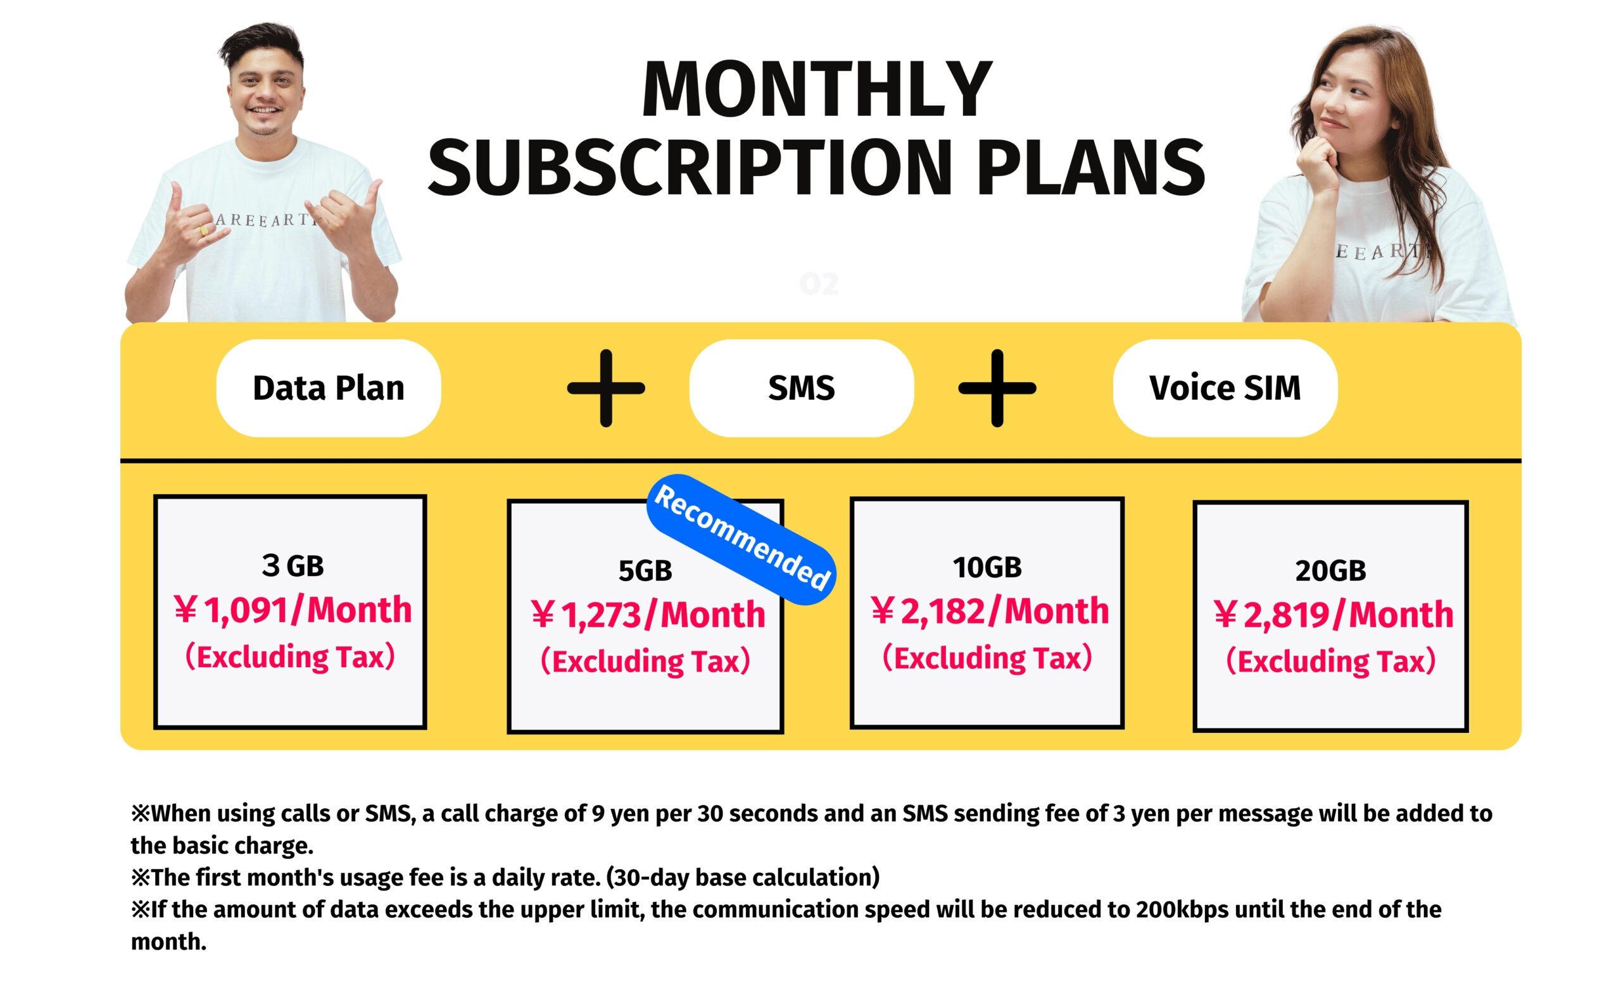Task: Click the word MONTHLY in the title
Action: pyautogui.click(x=817, y=89)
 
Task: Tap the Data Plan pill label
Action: pyautogui.click(x=328, y=388)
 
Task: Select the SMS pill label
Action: pyautogui.click(x=801, y=388)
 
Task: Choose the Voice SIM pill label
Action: pyautogui.click(x=1225, y=388)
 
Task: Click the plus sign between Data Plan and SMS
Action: pyautogui.click(x=606, y=388)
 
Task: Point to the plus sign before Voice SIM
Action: pyautogui.click(x=997, y=388)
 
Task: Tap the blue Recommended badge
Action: pyautogui.click(x=741, y=539)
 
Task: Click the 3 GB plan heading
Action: pyautogui.click(x=293, y=566)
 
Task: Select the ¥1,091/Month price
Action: pyautogui.click(x=293, y=610)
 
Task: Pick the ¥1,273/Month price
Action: pyautogui.click(x=648, y=615)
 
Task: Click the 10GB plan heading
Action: pyautogui.click(x=987, y=568)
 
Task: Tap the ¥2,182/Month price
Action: pyautogui.click(x=990, y=611)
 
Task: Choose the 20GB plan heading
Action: pyautogui.click(x=1331, y=571)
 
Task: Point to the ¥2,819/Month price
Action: pyautogui.click(x=1334, y=615)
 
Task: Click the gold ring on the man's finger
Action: pyautogui.click(x=203, y=231)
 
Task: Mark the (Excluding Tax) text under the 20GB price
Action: pyautogui.click(x=1331, y=661)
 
